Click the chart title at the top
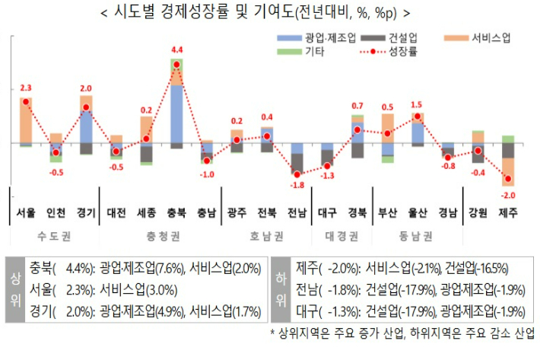[x=270, y=13]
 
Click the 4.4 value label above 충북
[x=177, y=50]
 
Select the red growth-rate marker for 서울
[x=26, y=101]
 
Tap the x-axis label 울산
[x=417, y=214]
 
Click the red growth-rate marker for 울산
[x=418, y=116]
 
